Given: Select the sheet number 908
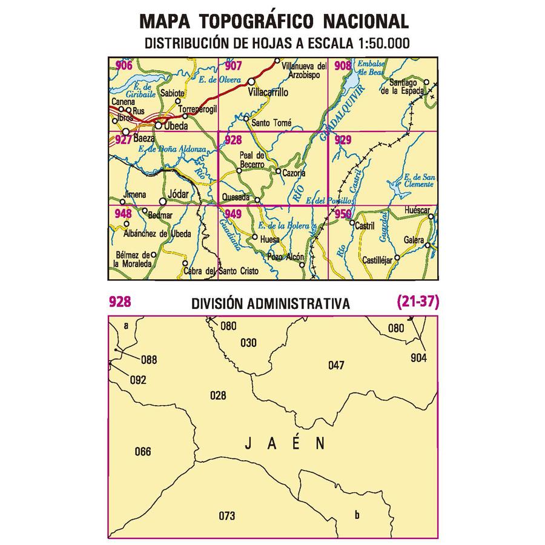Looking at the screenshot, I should [x=343, y=66].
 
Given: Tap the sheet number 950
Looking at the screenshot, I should [x=343, y=213].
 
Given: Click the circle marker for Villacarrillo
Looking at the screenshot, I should [x=251, y=82].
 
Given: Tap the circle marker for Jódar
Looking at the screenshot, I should [x=162, y=201].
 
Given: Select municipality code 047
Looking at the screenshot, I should [x=336, y=365].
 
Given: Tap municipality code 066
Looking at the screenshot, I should [x=143, y=452].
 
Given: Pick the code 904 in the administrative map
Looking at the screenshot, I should [x=418, y=358].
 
